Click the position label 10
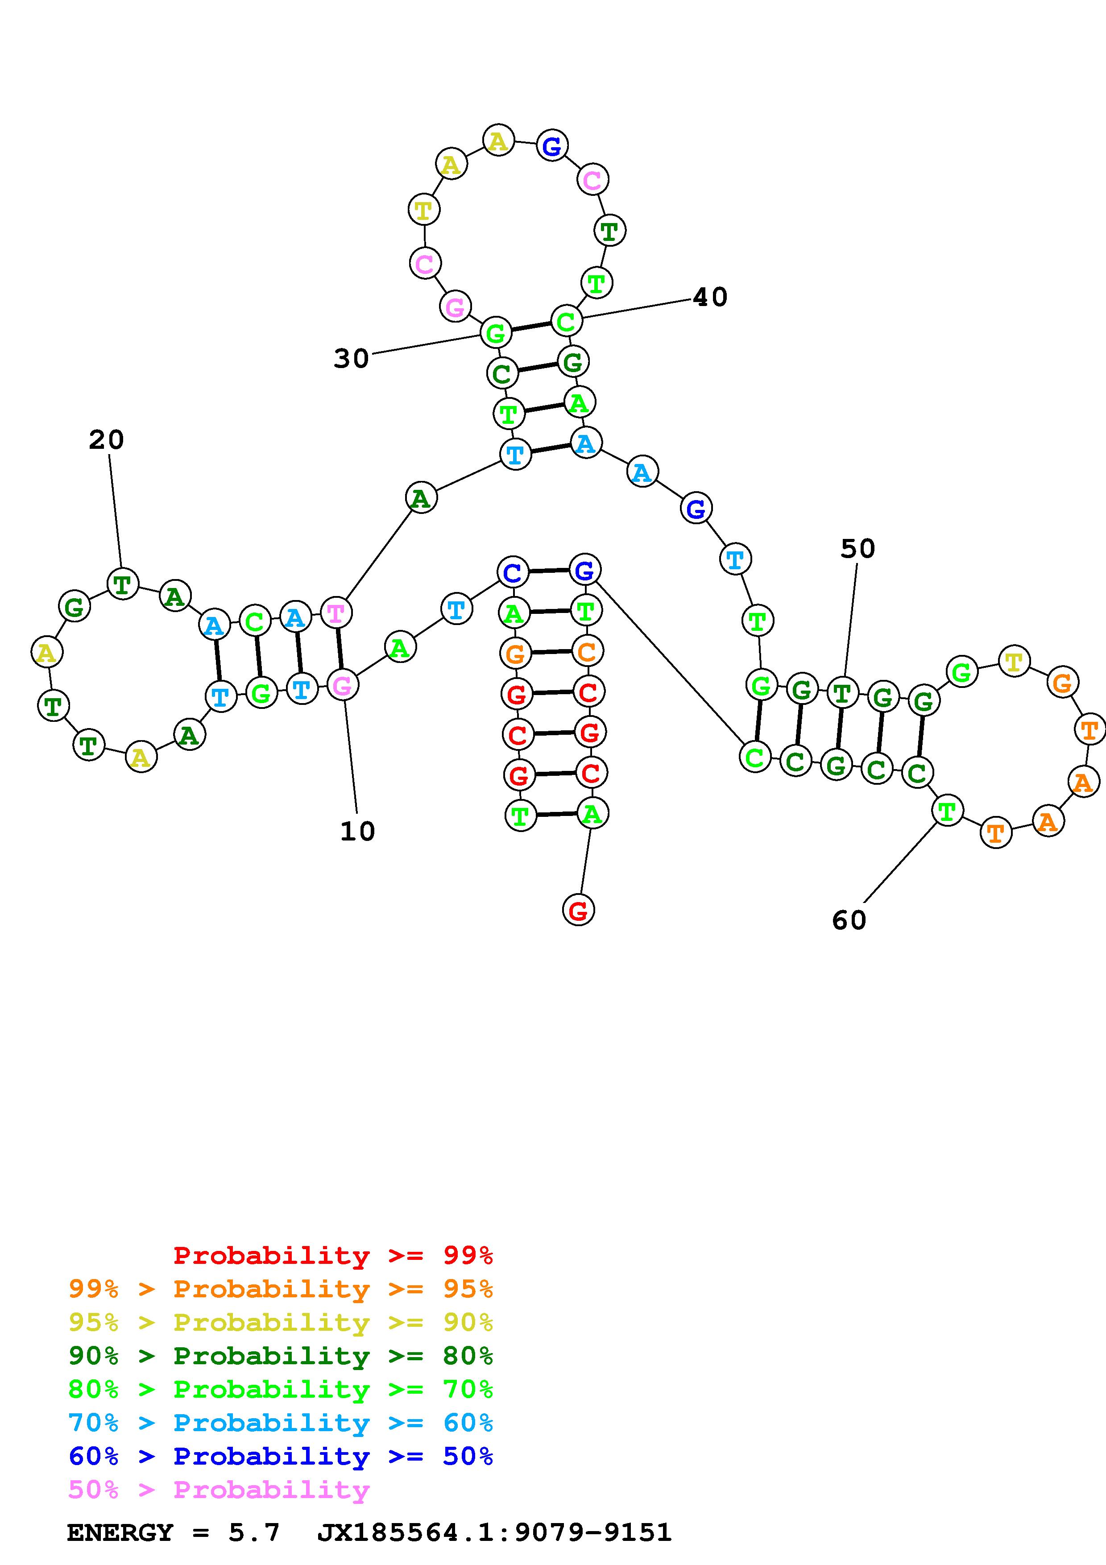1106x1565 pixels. [x=357, y=832]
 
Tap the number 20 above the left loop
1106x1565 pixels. [x=106, y=440]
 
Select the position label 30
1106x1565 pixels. [x=351, y=359]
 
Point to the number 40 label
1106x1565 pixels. [x=710, y=297]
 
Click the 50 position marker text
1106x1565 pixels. [x=857, y=549]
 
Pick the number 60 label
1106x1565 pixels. [x=849, y=920]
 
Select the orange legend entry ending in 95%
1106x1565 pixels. [x=281, y=1288]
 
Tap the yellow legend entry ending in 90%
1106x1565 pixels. [x=281, y=1322]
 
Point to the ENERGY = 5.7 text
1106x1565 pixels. [x=174, y=1532]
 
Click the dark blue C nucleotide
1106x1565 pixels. [x=513, y=572]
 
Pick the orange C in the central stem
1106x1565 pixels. [x=587, y=652]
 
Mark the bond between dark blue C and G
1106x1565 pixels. [x=549, y=571]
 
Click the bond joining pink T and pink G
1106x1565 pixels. [x=340, y=649]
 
